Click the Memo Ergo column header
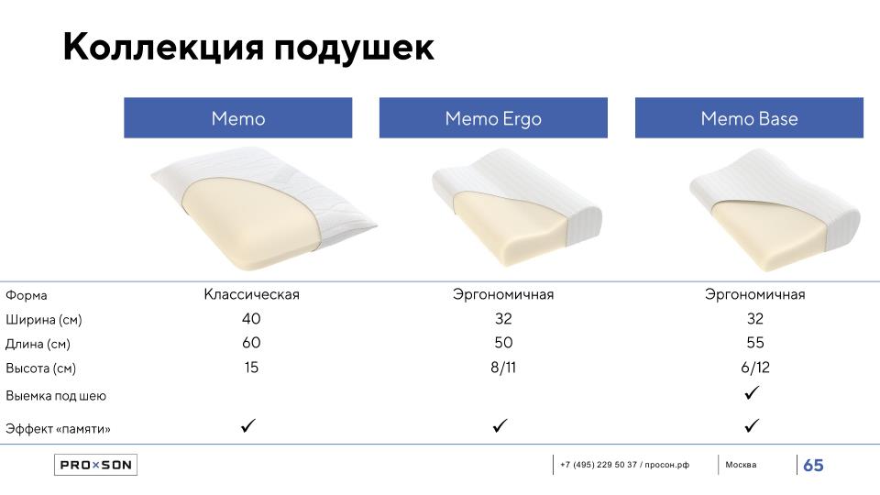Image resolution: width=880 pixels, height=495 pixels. tap(493, 118)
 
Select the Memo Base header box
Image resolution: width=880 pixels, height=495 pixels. tap(749, 118)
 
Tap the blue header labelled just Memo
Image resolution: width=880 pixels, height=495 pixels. tap(238, 118)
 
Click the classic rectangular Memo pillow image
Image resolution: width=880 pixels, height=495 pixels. tap(264, 209)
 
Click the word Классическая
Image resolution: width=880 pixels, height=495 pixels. tap(251, 294)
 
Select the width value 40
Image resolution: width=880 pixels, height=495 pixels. tap(251, 319)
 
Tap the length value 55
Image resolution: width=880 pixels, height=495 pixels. tap(754, 343)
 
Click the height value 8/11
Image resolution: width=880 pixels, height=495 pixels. tap(503, 368)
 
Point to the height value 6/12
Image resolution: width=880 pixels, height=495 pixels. tap(754, 368)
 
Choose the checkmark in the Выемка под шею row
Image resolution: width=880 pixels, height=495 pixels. tap(752, 392)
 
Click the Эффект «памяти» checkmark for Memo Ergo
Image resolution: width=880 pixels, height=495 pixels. tap(500, 425)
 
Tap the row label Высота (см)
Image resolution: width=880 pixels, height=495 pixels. tap(40, 368)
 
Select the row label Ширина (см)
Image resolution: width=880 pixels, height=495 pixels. tap(44, 320)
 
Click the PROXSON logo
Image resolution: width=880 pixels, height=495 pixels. tap(95, 465)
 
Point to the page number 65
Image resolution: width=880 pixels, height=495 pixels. tap(813, 466)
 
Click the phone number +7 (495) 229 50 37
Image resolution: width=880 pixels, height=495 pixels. tap(599, 465)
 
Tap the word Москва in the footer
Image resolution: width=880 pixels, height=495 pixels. tap(741, 465)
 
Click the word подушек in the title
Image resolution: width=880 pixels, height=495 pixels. tap(354, 47)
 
